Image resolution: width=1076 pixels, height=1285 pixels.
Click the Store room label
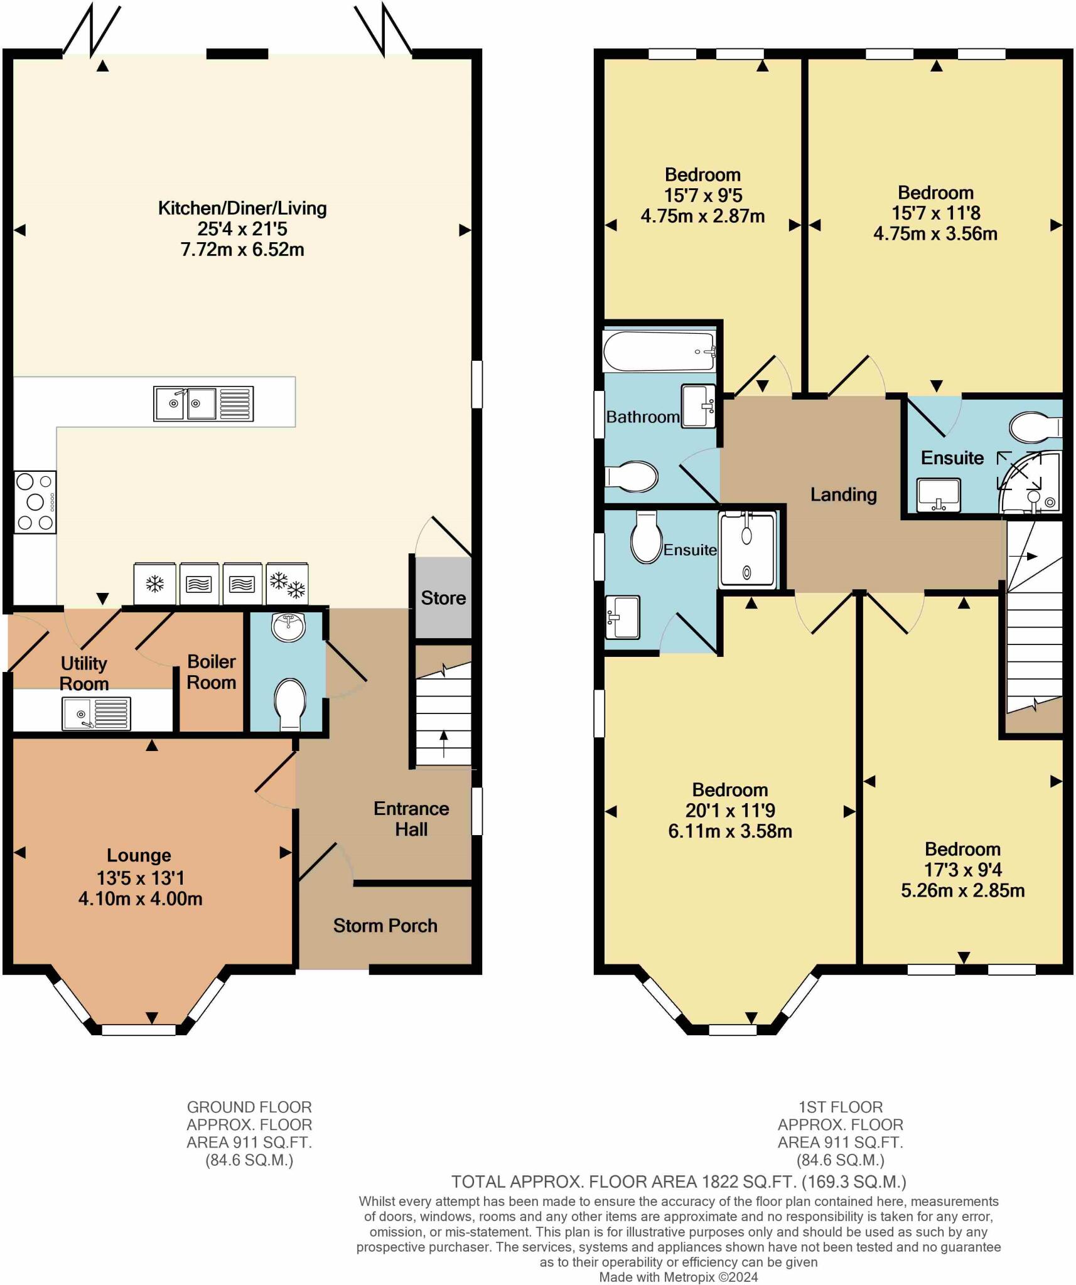(x=443, y=598)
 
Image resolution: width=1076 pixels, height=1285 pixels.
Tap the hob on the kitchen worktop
(x=35, y=502)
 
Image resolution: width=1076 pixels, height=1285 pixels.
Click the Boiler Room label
(x=212, y=672)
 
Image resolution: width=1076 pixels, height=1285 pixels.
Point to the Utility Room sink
(x=96, y=714)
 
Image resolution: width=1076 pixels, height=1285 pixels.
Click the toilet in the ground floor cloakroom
(x=290, y=703)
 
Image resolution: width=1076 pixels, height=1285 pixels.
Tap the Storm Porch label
(x=385, y=925)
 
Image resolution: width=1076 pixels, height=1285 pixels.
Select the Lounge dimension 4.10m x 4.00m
(x=140, y=898)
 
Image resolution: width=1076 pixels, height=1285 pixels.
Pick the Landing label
(x=843, y=494)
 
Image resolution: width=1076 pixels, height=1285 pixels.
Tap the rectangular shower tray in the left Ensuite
(x=747, y=550)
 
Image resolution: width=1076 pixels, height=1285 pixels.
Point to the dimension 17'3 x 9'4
(x=962, y=870)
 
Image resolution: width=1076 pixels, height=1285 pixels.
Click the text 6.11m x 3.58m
(x=729, y=831)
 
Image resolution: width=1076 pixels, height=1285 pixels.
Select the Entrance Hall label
(x=411, y=819)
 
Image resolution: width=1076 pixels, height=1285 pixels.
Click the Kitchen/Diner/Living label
(x=242, y=208)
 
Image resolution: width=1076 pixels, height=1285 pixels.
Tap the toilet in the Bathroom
(x=633, y=477)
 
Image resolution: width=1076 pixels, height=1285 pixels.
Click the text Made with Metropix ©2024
(x=678, y=1277)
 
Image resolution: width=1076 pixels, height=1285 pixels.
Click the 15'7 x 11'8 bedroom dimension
(x=935, y=213)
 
